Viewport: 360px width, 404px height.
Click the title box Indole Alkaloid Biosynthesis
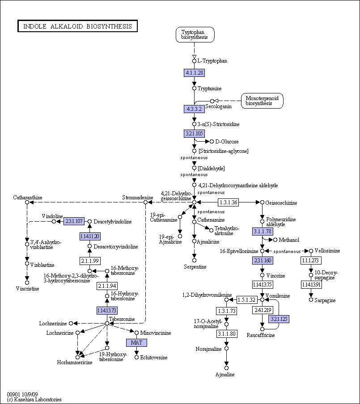pyautogui.click(x=77, y=26)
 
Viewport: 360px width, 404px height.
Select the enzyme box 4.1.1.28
pyautogui.click(x=194, y=72)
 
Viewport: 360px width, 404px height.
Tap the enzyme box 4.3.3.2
pyautogui.click(x=194, y=109)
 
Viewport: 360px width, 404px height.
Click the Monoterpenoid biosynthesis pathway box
pyautogui.click(x=262, y=101)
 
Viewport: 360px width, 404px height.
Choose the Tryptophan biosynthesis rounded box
pyautogui.click(x=195, y=35)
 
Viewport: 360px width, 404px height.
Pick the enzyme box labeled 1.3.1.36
pyautogui.click(x=229, y=202)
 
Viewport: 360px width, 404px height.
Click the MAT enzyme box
pyautogui.click(x=136, y=342)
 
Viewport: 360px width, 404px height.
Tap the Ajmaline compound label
pyautogui.click(x=225, y=375)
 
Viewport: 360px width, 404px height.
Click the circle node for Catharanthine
pyautogui.click(x=27, y=202)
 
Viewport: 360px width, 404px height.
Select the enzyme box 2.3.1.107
pyautogui.click(x=74, y=221)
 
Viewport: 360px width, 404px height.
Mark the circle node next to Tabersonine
pyautogui.click(x=107, y=323)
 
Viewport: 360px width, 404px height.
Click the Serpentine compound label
pyautogui.click(x=195, y=267)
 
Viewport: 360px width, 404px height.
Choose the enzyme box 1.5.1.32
pyautogui.click(x=246, y=299)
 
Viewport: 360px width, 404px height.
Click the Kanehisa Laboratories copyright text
pyautogui.click(x=34, y=400)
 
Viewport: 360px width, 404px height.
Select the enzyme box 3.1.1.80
pyautogui.click(x=226, y=333)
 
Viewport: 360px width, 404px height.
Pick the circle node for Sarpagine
pyautogui.click(x=311, y=299)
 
